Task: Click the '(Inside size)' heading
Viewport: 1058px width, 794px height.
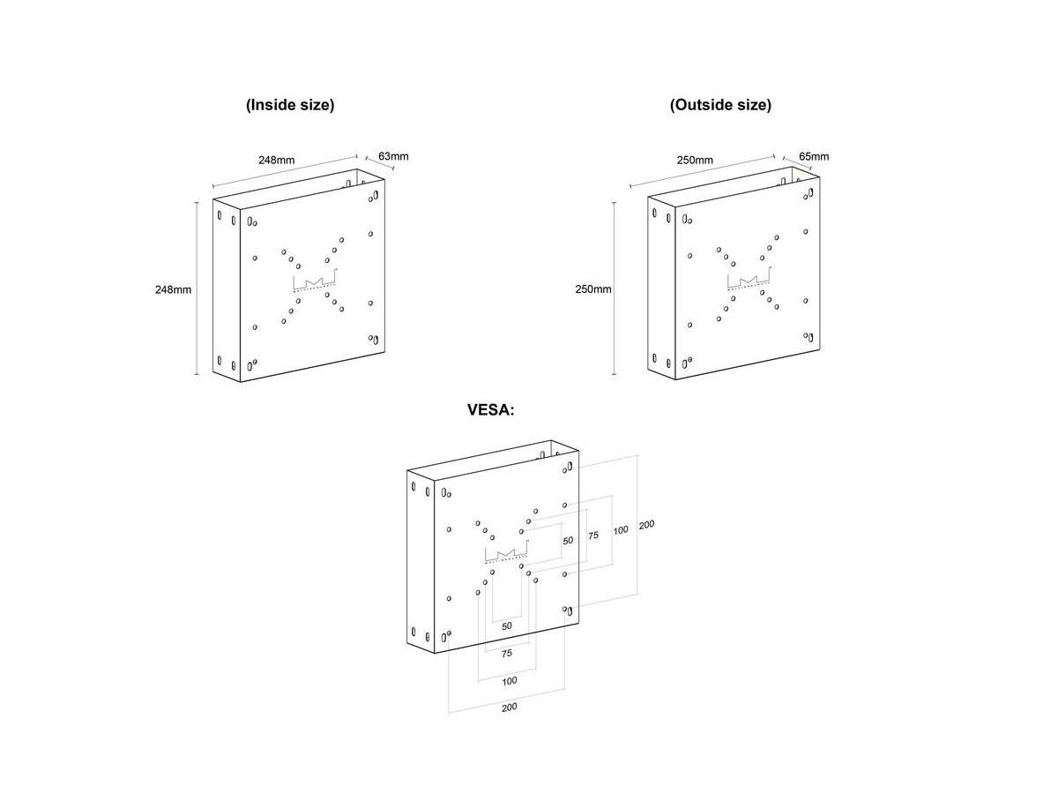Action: pyautogui.click(x=290, y=105)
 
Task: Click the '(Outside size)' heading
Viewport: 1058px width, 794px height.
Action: pyautogui.click(x=720, y=105)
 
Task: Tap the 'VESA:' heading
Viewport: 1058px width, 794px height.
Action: pyautogui.click(x=491, y=409)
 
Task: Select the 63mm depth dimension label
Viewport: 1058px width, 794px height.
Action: pyautogui.click(x=393, y=156)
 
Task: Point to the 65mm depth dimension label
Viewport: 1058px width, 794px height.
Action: pyautogui.click(x=814, y=156)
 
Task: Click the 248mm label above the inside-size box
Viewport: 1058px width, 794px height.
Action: pyautogui.click(x=276, y=160)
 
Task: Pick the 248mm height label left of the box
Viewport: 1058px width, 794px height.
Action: pyautogui.click(x=173, y=289)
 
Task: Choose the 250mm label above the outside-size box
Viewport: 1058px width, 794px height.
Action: pyautogui.click(x=695, y=160)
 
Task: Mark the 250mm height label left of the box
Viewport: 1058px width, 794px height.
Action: pyautogui.click(x=593, y=289)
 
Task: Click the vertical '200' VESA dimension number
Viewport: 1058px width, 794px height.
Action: pyautogui.click(x=646, y=525)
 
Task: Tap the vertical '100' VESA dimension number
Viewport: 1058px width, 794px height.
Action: pyautogui.click(x=621, y=530)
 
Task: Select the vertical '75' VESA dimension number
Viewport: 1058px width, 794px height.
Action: pyautogui.click(x=592, y=536)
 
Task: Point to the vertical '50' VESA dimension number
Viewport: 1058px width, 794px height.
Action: pyautogui.click(x=568, y=541)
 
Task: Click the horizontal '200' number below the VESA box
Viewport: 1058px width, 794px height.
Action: pyautogui.click(x=509, y=707)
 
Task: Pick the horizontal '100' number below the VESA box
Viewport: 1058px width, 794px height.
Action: pyautogui.click(x=509, y=681)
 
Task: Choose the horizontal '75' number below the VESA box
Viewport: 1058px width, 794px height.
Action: pyautogui.click(x=507, y=653)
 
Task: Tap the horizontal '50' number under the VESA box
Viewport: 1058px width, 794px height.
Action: pyautogui.click(x=507, y=625)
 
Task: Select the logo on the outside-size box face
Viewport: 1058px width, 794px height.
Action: pyautogui.click(x=749, y=279)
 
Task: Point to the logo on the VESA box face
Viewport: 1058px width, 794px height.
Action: pyautogui.click(x=507, y=551)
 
